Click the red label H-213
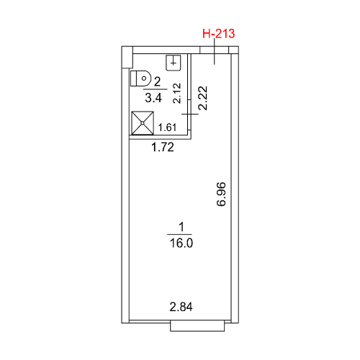pyautogui.click(x=218, y=34)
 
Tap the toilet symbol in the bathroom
pyautogui.click(x=140, y=78)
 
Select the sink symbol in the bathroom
pyautogui.click(x=174, y=63)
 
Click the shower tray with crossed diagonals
pyautogui.click(x=143, y=123)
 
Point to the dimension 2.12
pyautogui.click(x=177, y=93)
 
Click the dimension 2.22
pyautogui.click(x=203, y=98)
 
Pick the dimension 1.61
pyautogui.click(x=167, y=127)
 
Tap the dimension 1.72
pyautogui.click(x=163, y=147)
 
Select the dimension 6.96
pyautogui.click(x=221, y=194)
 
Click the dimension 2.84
pyautogui.click(x=181, y=307)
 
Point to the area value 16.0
pyautogui.click(x=181, y=243)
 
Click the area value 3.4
pyautogui.click(x=153, y=98)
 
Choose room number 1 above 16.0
pyautogui.click(x=181, y=227)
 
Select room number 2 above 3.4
pyautogui.click(x=157, y=82)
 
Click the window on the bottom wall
pyautogui.click(x=197, y=326)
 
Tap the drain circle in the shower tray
pyautogui.click(x=143, y=123)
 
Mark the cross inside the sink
pyautogui.click(x=174, y=63)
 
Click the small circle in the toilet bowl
pyautogui.click(x=144, y=78)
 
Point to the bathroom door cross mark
pyautogui.click(x=190, y=114)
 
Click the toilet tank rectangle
pyautogui.click(x=133, y=78)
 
